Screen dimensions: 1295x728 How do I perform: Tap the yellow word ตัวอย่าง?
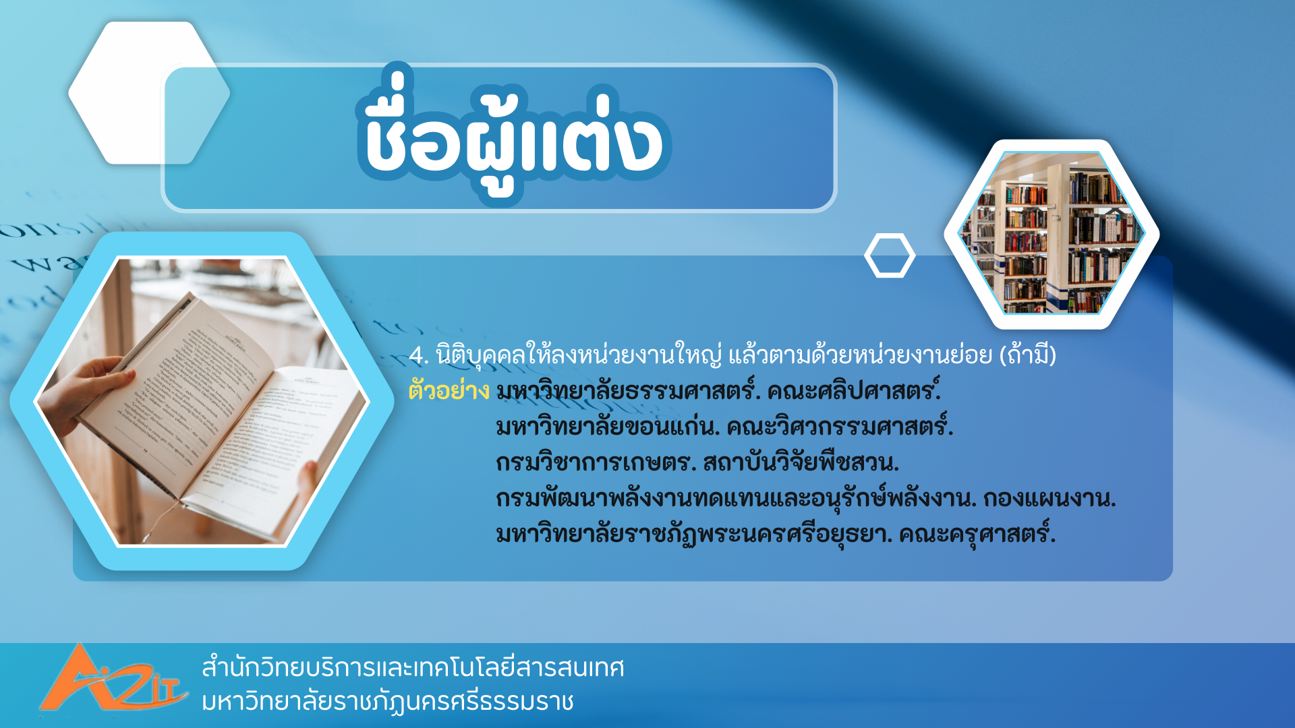449,390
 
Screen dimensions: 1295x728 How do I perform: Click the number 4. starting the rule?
419,355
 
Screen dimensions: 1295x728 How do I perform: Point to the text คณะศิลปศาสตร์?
854,390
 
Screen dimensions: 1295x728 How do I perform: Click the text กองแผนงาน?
1049,499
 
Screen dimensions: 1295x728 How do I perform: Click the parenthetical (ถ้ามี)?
1027,355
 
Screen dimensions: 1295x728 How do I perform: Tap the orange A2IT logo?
112,679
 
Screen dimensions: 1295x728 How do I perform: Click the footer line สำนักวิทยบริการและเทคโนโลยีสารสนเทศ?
413,667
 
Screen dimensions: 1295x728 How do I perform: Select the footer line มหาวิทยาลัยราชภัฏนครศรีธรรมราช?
388,702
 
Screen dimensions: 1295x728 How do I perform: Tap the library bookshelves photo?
1052,233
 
